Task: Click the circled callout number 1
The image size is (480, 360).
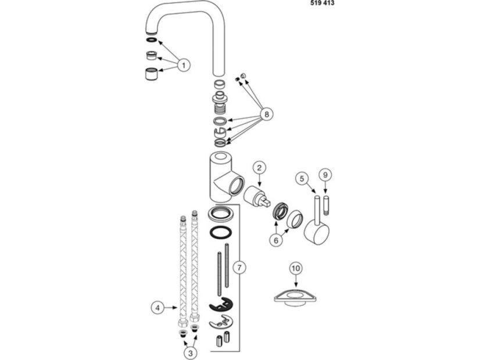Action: pyautogui.click(x=184, y=65)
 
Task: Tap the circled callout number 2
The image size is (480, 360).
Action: pyautogui.click(x=259, y=168)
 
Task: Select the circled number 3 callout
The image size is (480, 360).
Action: pyautogui.click(x=191, y=353)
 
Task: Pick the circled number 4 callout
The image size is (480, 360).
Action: pyautogui.click(x=157, y=308)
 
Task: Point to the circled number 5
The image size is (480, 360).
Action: pyautogui.click(x=302, y=179)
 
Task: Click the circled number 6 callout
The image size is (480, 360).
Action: pyautogui.click(x=276, y=240)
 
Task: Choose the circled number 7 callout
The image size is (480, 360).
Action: pyautogui.click(x=239, y=268)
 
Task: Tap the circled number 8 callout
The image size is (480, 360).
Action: pyautogui.click(x=267, y=114)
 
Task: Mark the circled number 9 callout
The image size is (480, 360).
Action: pyautogui.click(x=325, y=175)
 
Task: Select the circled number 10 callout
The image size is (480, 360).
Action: pyautogui.click(x=296, y=268)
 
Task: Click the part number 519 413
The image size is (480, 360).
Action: pyautogui.click(x=323, y=3)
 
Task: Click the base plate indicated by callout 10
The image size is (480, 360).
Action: pyautogui.click(x=295, y=297)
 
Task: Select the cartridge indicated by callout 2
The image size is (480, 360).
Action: pyautogui.click(x=257, y=196)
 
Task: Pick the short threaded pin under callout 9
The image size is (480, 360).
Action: pyautogui.click(x=326, y=203)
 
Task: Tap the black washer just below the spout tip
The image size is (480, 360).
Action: pyautogui.click(x=152, y=39)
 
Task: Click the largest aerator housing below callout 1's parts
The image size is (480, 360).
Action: pyautogui.click(x=151, y=74)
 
